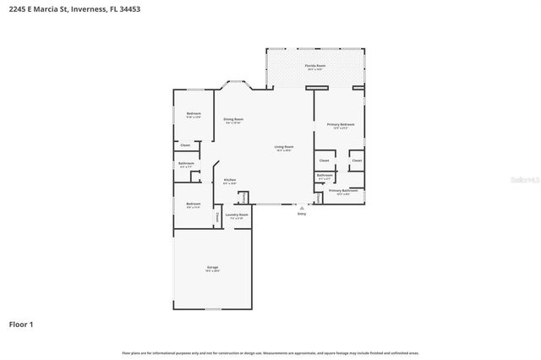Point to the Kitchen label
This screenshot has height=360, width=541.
pyautogui.click(x=229, y=181)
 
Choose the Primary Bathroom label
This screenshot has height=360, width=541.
pyautogui.click(x=343, y=192)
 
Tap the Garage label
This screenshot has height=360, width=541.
pyautogui.click(x=212, y=269)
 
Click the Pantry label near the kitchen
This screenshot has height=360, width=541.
pyautogui.click(x=243, y=198)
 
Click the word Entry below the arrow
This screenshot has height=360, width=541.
pyautogui.click(x=302, y=214)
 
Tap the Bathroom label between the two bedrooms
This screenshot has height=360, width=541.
pyautogui.click(x=186, y=164)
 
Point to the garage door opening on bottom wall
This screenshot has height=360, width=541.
pyautogui.click(x=212, y=309)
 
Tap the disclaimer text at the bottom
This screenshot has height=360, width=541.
pyautogui.click(x=270, y=352)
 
